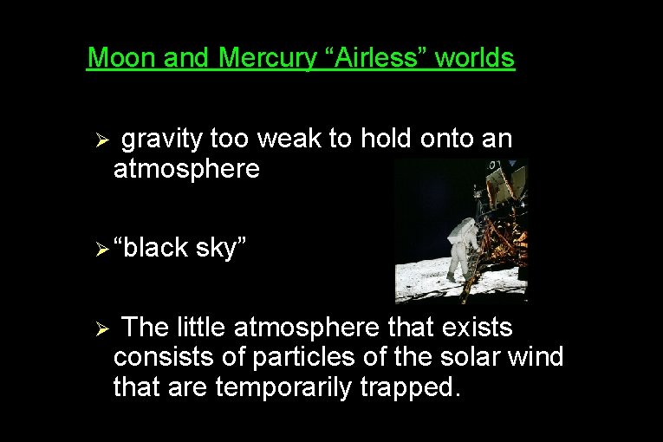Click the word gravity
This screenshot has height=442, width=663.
[161, 139]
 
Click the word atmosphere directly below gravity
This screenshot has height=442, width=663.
[186, 169]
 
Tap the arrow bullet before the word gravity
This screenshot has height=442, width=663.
[101, 140]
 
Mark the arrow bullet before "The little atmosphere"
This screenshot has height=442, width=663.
[101, 329]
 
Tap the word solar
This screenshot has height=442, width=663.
[471, 357]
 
